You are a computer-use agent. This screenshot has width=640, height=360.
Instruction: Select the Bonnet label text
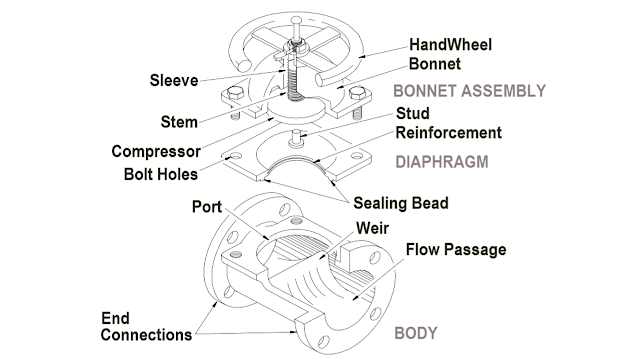click(435, 65)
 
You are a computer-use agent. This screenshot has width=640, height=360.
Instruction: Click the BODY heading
click(416, 332)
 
